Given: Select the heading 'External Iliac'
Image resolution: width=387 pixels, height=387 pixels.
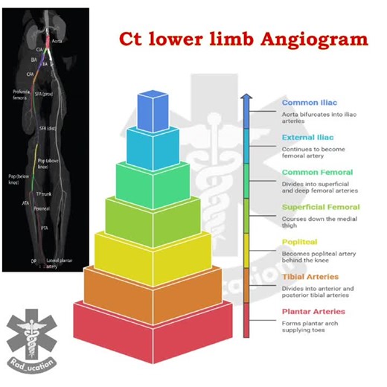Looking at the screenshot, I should coord(307,137).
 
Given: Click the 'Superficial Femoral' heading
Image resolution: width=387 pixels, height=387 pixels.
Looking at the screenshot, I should coord(321,207).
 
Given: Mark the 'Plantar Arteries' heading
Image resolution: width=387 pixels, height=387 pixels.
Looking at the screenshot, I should coord(313,311).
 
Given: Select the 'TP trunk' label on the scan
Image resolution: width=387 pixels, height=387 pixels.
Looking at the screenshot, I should coord(54,193).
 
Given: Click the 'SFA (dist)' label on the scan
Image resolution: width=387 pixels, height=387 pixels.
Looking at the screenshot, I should coord(48,128).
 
